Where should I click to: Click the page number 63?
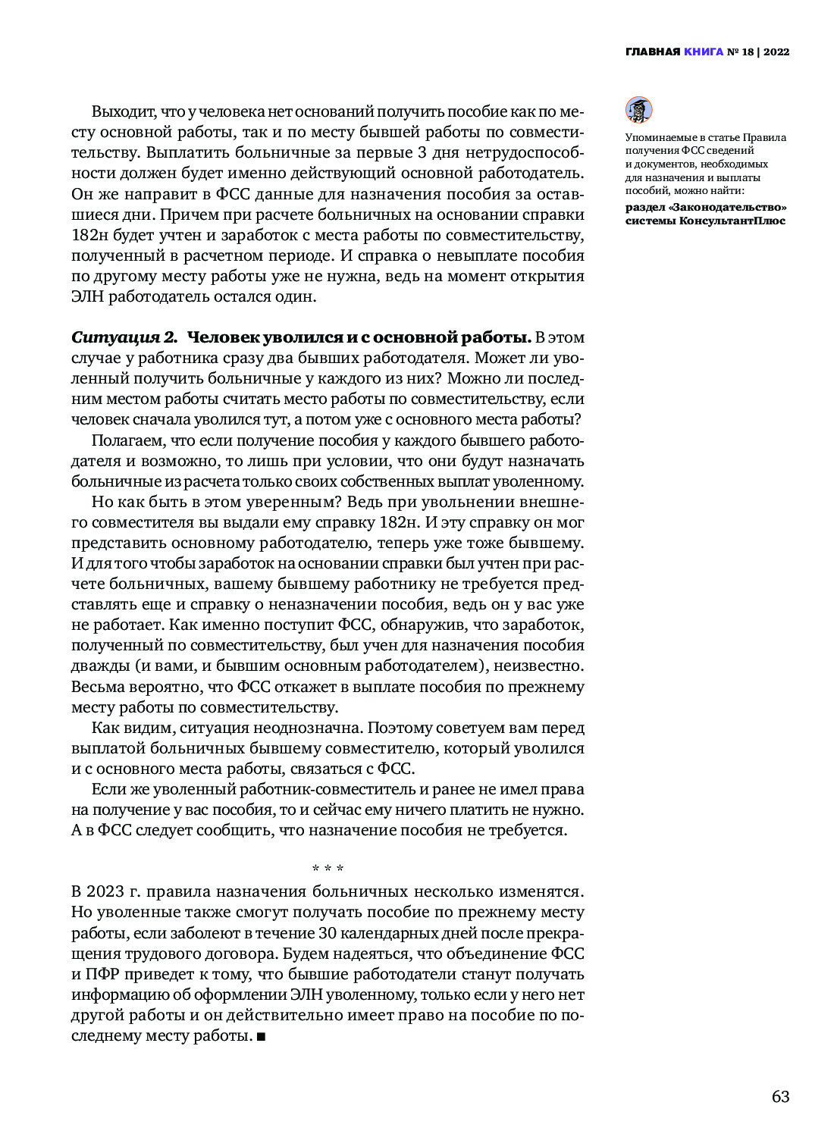click(780, 1097)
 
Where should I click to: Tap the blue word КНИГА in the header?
click(703, 52)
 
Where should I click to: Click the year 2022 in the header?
click(776, 52)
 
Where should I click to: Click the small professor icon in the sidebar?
click(638, 110)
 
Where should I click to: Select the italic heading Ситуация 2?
click(124, 337)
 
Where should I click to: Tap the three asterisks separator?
click(328, 868)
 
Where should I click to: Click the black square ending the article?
click(261, 1036)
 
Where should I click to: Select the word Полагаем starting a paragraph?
click(128, 440)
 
